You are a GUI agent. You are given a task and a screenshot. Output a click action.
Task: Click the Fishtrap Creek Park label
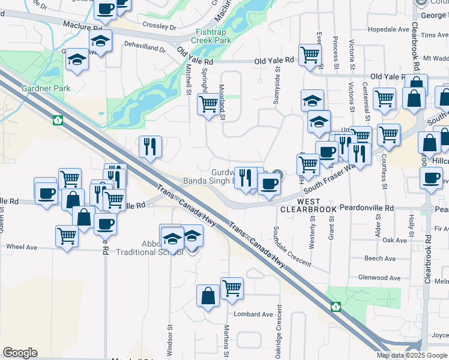(211, 35)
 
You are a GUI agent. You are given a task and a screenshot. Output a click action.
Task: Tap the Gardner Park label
(46, 89)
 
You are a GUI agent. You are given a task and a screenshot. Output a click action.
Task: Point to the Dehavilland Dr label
(145, 47)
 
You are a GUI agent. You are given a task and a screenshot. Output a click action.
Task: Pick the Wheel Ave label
(22, 247)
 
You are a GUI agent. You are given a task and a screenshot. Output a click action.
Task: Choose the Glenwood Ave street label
(378, 278)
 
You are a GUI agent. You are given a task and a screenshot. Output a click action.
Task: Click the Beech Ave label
(379, 259)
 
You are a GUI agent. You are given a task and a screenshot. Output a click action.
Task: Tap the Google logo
(20, 353)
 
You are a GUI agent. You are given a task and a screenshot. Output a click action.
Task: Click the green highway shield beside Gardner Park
(58, 120)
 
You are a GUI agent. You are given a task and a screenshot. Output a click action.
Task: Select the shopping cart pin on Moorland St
(208, 104)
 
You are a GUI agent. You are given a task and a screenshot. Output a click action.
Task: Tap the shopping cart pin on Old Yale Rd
(310, 55)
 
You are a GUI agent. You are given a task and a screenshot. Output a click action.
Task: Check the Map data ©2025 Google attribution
(411, 355)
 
